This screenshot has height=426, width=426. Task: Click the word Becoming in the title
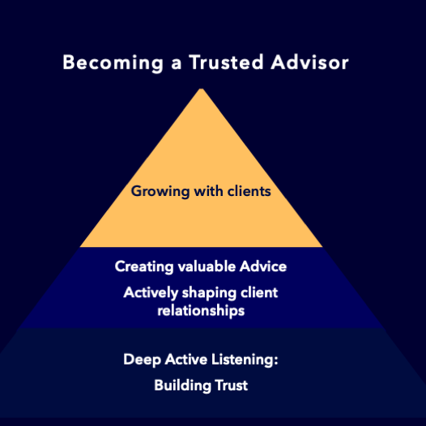click(x=113, y=63)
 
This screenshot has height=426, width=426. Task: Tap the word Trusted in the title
click(x=226, y=62)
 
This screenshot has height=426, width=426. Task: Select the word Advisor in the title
click(x=309, y=62)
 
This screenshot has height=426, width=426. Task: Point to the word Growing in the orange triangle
click(x=160, y=191)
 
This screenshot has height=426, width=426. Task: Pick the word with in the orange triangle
click(x=208, y=190)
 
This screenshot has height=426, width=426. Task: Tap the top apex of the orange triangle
click(x=202, y=88)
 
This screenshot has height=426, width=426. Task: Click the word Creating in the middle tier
click(x=144, y=266)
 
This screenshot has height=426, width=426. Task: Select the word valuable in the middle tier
click(x=207, y=266)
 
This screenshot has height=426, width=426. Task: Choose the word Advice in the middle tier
click(x=263, y=266)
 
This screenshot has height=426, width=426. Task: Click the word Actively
click(x=151, y=293)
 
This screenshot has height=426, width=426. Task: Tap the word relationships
click(x=201, y=311)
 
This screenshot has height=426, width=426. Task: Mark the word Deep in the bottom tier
click(x=142, y=360)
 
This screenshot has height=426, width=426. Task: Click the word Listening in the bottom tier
click(x=245, y=360)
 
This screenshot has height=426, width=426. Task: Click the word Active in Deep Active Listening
click(x=186, y=359)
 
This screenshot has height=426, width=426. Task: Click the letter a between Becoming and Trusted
click(x=177, y=64)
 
